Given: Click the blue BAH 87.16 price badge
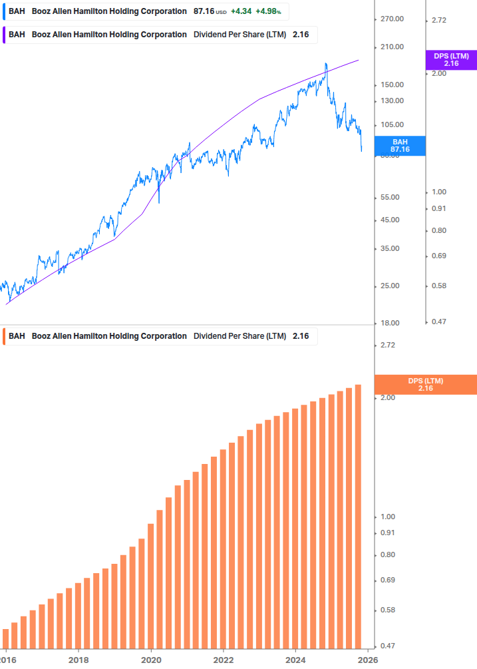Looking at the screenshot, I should tap(400, 146).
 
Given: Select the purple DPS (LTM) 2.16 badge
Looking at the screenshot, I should tap(450, 60).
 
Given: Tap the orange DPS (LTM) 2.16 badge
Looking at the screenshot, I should tap(425, 385).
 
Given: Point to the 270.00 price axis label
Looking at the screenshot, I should tap(392, 19).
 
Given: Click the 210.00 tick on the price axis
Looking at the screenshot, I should tap(392, 47).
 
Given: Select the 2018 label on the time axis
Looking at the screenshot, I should tap(79, 659).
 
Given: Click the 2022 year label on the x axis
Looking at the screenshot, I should tap(224, 659).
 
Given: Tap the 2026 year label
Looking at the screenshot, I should tap(368, 659).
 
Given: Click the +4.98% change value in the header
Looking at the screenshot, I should tap(268, 12).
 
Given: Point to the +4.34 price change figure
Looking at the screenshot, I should tap(240, 12).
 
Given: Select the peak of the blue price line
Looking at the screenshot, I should tap(326, 64).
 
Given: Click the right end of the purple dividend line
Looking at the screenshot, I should tap(359, 60).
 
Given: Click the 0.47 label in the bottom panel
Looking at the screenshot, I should tap(388, 646).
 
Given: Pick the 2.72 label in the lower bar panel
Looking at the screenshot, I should tap(388, 345).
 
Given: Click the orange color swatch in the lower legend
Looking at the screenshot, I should tap(4, 336).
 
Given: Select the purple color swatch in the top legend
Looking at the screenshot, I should tap(4, 35).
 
